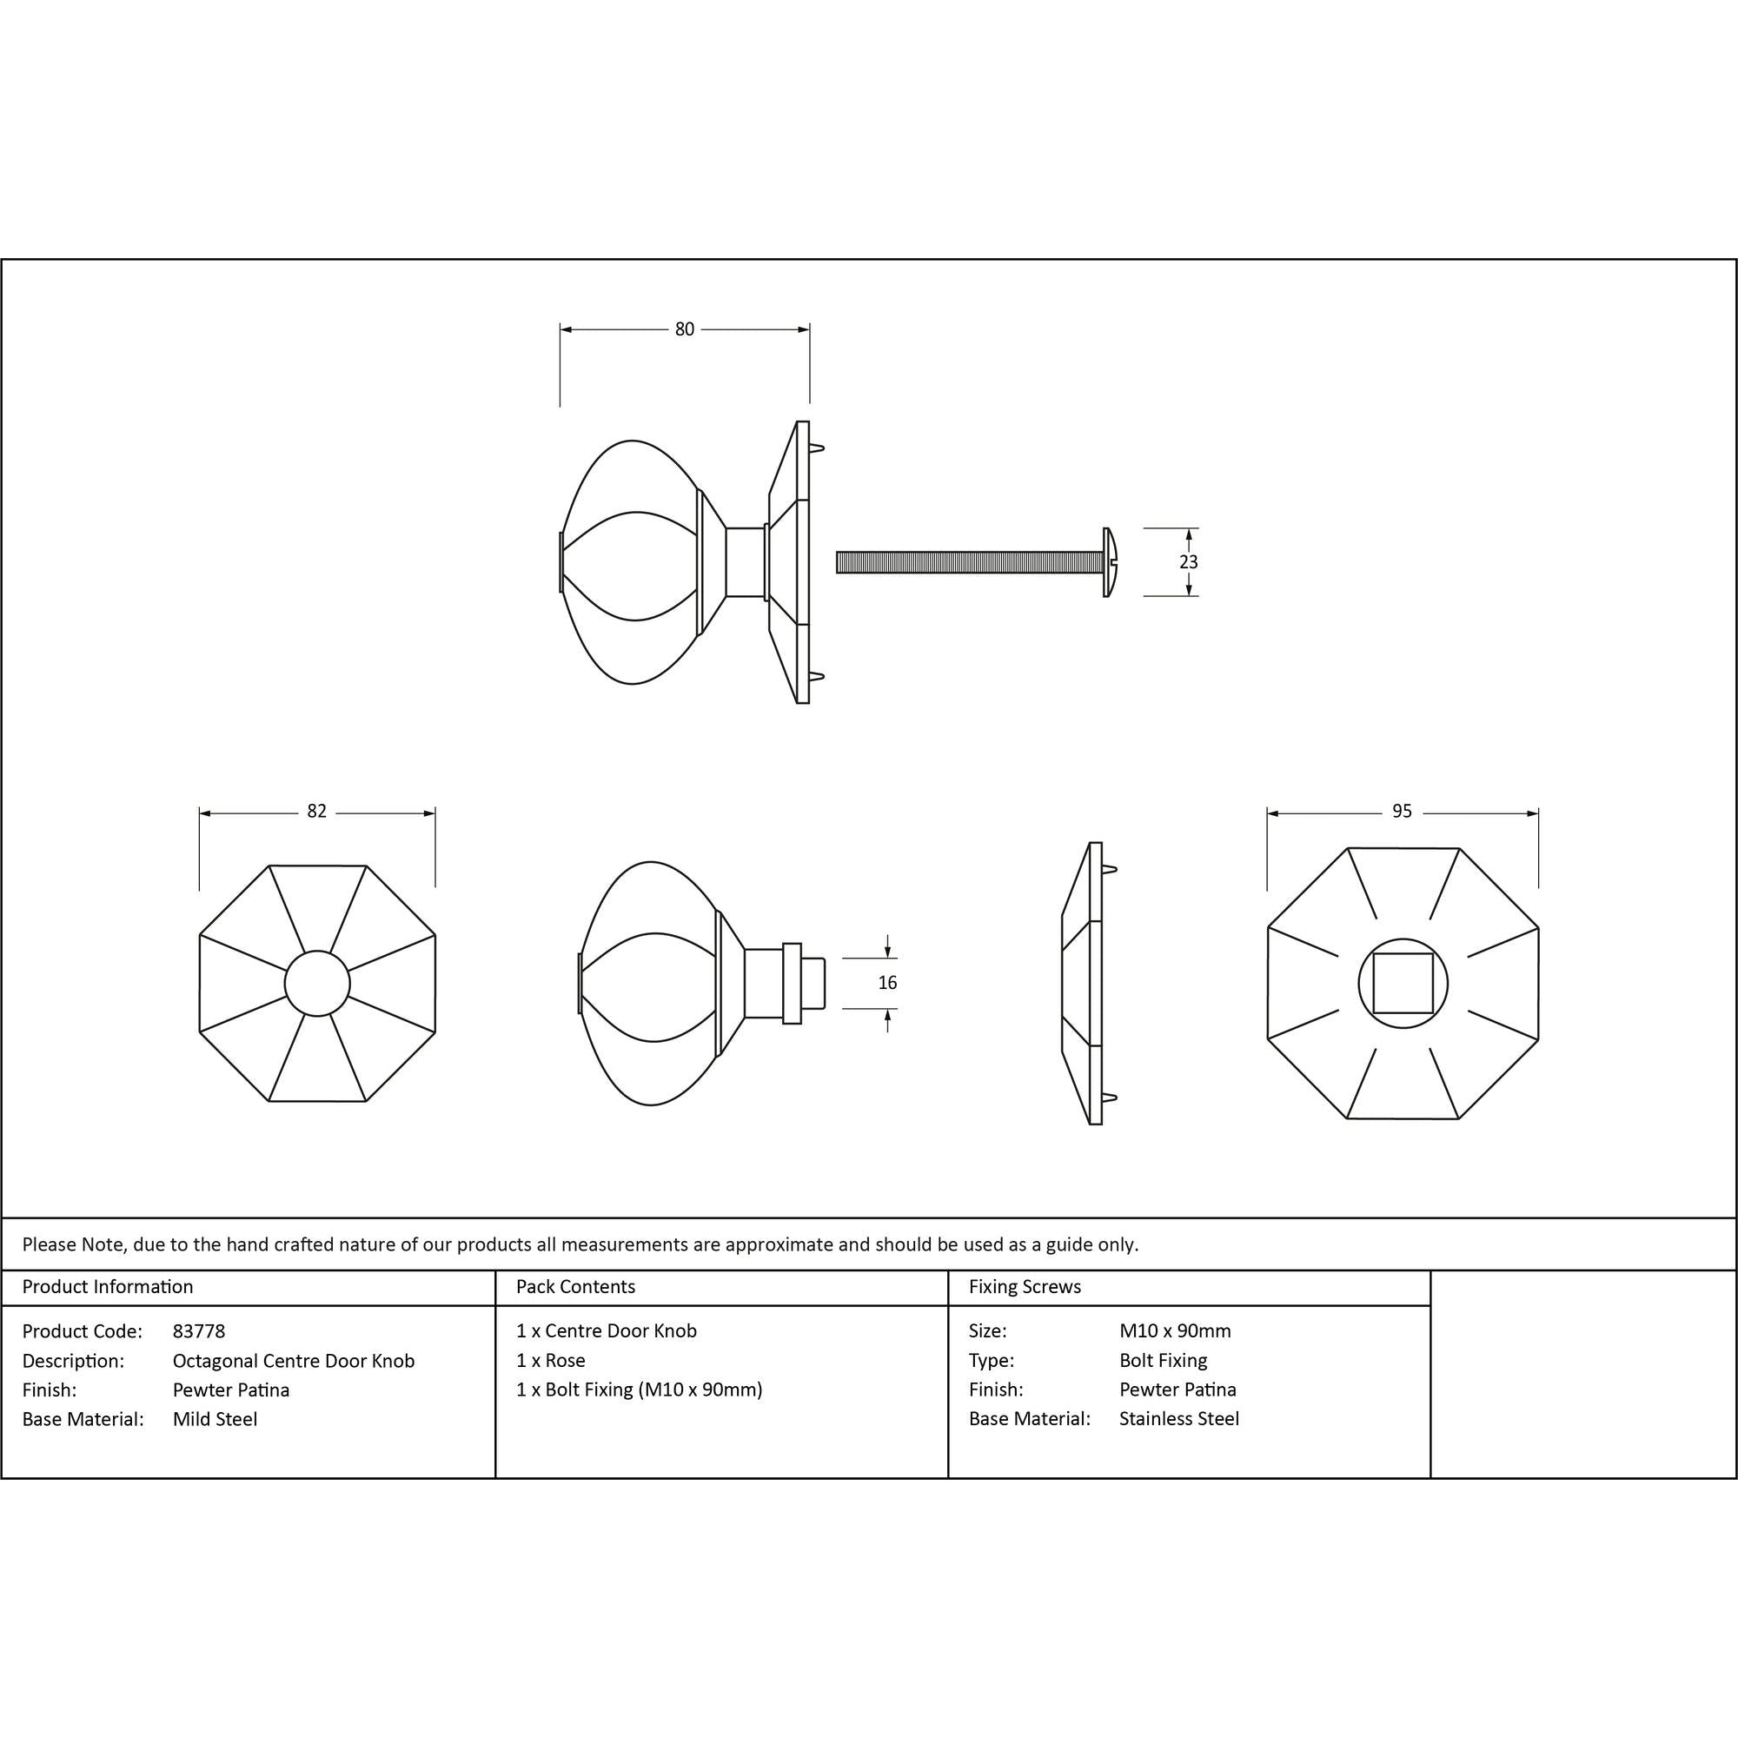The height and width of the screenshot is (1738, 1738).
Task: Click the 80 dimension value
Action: tap(685, 330)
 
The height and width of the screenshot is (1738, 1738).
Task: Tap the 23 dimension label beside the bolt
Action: tap(1188, 562)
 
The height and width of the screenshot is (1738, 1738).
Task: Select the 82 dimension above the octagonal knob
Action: tap(316, 812)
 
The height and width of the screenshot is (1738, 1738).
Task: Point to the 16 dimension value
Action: tap(887, 983)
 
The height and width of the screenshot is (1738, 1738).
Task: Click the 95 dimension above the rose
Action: tap(1402, 812)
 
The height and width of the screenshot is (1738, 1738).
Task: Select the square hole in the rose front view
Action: tap(1403, 983)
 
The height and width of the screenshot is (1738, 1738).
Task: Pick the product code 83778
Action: tap(199, 1330)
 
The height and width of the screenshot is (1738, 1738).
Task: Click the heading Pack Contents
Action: tap(576, 1286)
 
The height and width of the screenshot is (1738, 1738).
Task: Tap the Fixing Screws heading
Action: tap(1025, 1286)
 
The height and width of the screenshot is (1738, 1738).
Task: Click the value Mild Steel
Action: tap(215, 1419)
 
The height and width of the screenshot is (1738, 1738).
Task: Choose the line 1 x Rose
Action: tap(551, 1360)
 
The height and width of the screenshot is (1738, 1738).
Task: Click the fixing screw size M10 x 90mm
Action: tap(1175, 1330)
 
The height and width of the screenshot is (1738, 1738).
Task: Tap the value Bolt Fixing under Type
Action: tap(1164, 1360)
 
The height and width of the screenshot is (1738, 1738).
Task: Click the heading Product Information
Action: tap(108, 1286)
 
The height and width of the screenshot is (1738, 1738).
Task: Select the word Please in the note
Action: tap(50, 1244)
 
